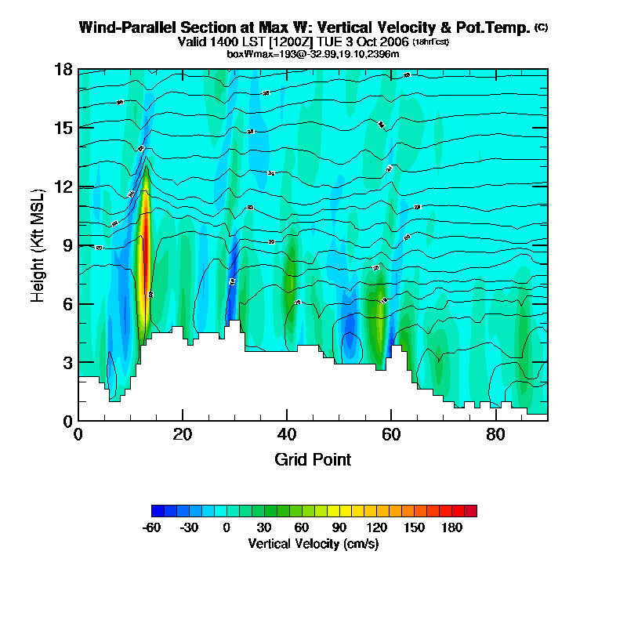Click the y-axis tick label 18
click(63, 70)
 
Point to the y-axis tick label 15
click(63, 128)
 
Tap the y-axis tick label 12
click(63, 187)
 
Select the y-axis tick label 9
click(67, 245)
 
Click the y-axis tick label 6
click(67, 304)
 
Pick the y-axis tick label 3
click(67, 363)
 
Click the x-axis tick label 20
click(183, 434)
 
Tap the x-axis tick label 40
click(287, 434)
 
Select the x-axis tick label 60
click(391, 434)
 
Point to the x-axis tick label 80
click(495, 434)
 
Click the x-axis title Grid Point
click(313, 459)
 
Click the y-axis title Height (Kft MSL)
click(38, 245)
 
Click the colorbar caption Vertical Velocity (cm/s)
click(313, 543)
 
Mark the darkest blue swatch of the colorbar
click(158, 511)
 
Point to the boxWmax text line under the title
click(313, 53)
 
